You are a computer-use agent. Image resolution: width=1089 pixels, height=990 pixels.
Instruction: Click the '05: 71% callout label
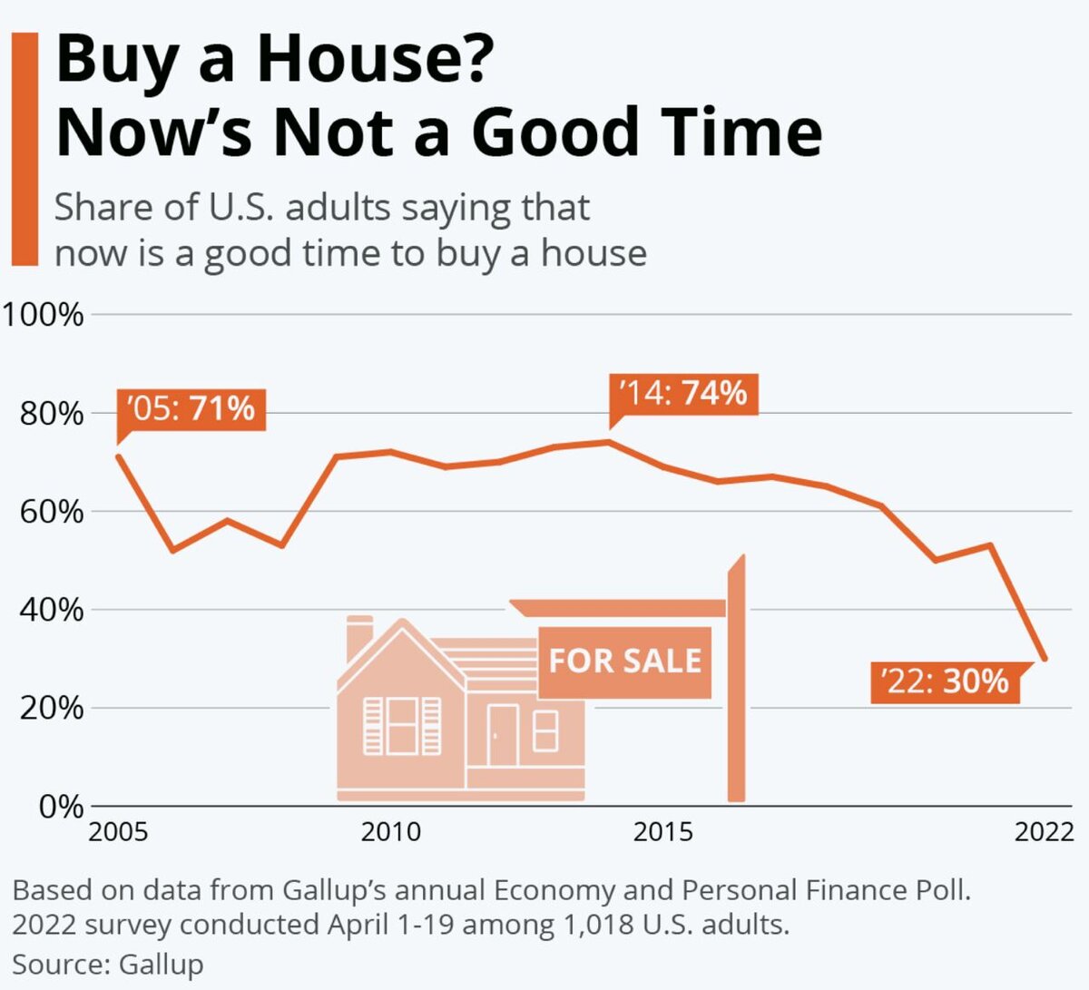click(x=191, y=408)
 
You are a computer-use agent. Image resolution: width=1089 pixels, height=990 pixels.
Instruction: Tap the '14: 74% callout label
click(x=682, y=394)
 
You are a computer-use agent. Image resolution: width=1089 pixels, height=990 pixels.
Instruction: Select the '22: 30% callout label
click(x=946, y=681)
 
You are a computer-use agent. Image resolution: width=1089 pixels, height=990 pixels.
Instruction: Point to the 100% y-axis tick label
click(x=43, y=315)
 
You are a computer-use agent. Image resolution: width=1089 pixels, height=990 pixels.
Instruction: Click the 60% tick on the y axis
click(x=51, y=512)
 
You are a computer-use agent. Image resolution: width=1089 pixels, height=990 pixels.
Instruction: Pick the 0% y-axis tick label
click(x=61, y=806)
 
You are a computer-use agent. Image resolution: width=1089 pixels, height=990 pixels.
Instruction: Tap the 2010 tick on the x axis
click(x=391, y=831)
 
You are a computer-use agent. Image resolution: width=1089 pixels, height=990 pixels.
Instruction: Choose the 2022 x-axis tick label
click(x=1045, y=831)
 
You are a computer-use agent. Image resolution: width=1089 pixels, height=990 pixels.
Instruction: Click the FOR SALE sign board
click(x=624, y=662)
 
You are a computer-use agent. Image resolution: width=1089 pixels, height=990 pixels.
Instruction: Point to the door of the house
click(x=502, y=735)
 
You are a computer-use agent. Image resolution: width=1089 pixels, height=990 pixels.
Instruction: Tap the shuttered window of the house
click(x=402, y=725)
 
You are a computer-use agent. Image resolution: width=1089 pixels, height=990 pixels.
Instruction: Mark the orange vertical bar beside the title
click(x=25, y=149)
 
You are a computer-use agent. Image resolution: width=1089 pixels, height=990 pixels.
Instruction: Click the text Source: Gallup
click(x=108, y=964)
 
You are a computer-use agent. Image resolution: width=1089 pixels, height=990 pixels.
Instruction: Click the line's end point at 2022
click(x=1045, y=659)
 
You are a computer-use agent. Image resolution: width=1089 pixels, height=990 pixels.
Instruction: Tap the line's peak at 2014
click(x=609, y=442)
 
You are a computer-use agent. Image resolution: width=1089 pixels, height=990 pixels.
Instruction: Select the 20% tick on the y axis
click(x=51, y=708)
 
